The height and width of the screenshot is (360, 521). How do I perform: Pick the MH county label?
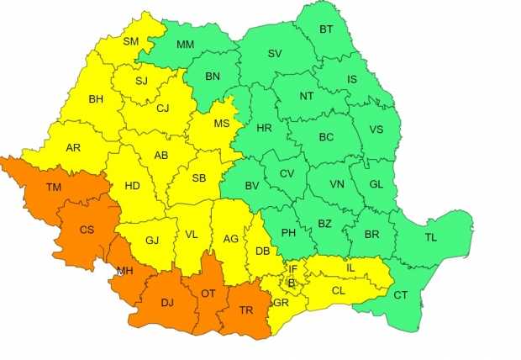tap(124, 271)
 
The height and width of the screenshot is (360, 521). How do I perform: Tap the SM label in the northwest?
tap(132, 40)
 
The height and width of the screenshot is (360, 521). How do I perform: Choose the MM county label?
tap(186, 44)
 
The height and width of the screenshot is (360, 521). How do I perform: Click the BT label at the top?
tap(325, 29)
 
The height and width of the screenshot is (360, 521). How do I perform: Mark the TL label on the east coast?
tap(431, 237)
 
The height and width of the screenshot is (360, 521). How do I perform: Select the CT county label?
tap(399, 294)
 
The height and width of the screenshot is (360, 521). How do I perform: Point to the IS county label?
tap(351, 78)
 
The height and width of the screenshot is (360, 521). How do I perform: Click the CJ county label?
tap(163, 108)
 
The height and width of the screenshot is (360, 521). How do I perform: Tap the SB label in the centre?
tap(199, 177)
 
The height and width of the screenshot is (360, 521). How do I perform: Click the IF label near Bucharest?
tap(293, 269)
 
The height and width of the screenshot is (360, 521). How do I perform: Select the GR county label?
tap(281, 302)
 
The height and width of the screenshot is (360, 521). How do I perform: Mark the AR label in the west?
tap(73, 147)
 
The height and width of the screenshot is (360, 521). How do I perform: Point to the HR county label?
tap(264, 129)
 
